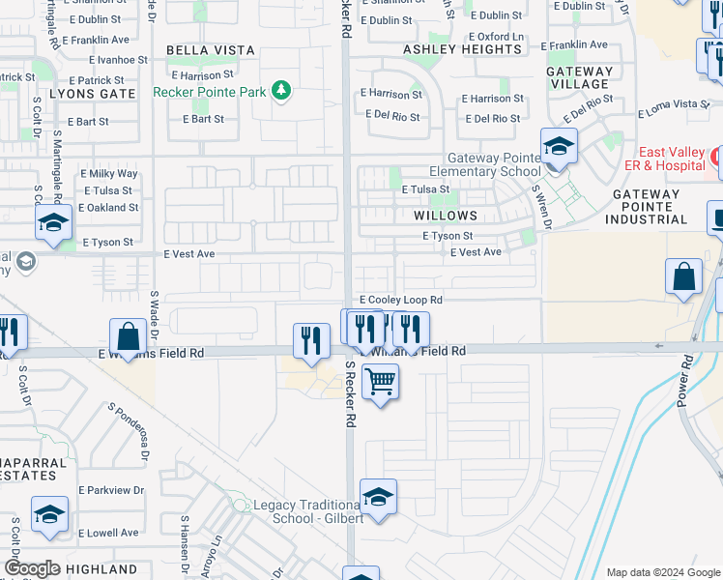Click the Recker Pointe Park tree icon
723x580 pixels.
pos(280,91)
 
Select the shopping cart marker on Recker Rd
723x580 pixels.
pos(381,383)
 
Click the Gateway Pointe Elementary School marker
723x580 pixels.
pos(558,147)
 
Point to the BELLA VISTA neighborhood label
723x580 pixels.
pos(211,50)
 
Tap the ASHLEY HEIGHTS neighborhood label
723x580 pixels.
pos(462,49)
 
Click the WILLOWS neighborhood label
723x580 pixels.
pos(446,216)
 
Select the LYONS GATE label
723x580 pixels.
pos(93,94)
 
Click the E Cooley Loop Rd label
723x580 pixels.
pos(400,301)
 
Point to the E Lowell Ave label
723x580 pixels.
pos(108,533)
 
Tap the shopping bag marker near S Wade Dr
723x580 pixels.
pos(128,337)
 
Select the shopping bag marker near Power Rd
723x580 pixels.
pos(683,277)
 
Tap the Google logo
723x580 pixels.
pos(33,568)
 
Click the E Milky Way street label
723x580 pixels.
pos(113,173)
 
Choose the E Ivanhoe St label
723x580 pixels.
pos(112,59)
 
